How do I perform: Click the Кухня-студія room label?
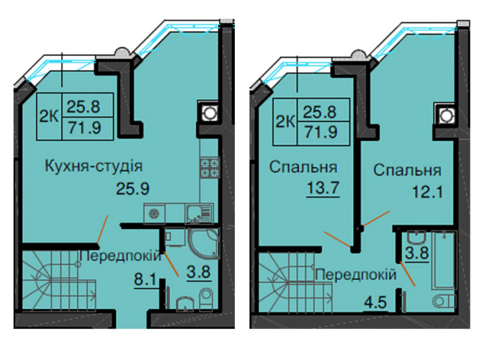(94, 166)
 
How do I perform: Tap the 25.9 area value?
(133, 189)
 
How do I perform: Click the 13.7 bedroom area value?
(323, 187)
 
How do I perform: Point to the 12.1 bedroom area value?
(427, 192)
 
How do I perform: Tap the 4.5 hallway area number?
(375, 303)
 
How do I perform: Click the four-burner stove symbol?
(210, 168)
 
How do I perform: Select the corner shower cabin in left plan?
(204, 243)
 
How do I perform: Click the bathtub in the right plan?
(444, 261)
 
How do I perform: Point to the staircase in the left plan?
(59, 280)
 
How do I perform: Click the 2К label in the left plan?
(49, 117)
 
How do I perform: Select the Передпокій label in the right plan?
(356, 274)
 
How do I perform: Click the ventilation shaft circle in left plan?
(210, 113)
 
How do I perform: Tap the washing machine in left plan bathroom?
(174, 237)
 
